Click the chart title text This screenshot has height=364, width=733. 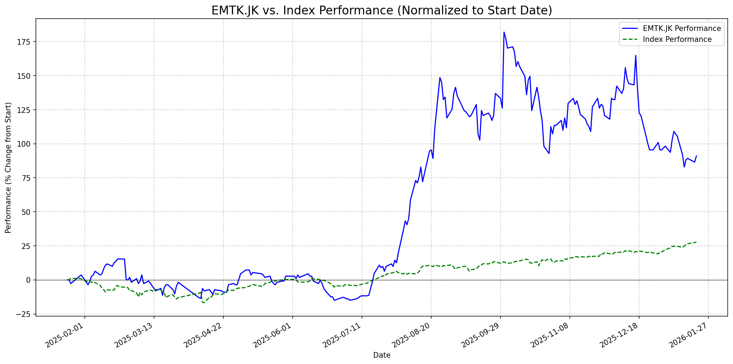382,11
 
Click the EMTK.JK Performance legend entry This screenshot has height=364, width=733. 682,28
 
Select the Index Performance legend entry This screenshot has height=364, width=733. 677,39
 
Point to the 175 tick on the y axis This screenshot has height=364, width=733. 26,42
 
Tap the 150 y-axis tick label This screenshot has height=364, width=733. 26,76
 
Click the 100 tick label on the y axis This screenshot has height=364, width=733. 26,144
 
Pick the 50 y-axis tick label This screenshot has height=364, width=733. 28,212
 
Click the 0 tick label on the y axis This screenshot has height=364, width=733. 30,280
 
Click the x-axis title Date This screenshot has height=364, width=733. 382,355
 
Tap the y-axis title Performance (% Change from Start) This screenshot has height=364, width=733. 8,167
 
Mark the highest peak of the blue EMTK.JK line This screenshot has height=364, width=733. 504,32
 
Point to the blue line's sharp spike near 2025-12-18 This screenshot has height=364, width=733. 636,55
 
